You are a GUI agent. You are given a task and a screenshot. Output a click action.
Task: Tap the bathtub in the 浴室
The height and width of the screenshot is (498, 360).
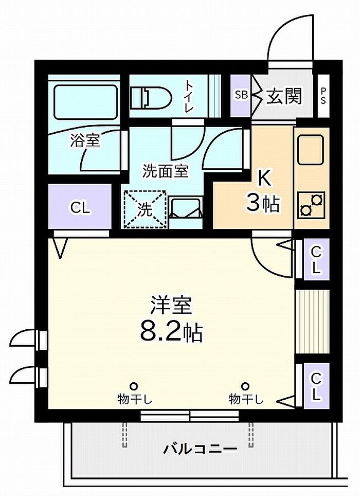(x=85, y=102)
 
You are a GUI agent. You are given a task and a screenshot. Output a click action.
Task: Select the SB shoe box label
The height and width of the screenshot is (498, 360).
(x=241, y=95)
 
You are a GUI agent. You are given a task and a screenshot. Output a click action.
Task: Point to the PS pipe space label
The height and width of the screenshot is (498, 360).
(x=323, y=96)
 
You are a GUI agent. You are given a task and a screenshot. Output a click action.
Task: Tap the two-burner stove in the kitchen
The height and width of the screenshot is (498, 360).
(x=311, y=205)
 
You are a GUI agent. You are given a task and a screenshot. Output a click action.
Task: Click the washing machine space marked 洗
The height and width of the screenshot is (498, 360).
(x=145, y=209)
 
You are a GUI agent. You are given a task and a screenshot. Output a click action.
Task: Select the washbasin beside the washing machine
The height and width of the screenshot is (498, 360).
(x=186, y=207)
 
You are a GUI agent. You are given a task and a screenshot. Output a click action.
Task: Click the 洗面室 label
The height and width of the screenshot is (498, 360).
(x=165, y=171)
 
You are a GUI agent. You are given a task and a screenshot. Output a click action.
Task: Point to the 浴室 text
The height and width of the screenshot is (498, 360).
(x=85, y=140)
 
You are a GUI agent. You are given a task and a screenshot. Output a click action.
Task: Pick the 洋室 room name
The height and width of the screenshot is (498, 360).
(x=171, y=306)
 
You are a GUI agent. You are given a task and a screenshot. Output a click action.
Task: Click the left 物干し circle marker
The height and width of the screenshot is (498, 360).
(x=134, y=386)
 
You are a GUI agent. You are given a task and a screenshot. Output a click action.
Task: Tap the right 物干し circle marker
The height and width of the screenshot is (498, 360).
(x=245, y=386)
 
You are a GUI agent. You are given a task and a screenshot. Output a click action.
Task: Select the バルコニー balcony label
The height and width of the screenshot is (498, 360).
(x=201, y=449)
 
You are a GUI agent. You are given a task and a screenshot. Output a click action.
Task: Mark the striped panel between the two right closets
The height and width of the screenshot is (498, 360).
(x=312, y=322)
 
